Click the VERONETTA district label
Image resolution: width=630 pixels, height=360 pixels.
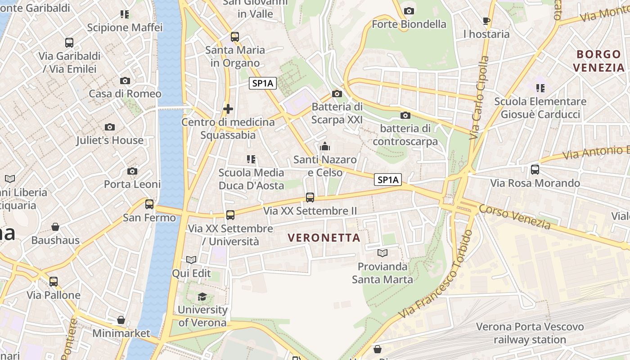point(324,238)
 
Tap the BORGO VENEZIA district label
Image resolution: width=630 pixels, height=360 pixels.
point(601,61)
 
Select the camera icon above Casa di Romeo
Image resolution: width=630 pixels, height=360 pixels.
point(125,81)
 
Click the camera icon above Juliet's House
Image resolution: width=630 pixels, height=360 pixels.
point(110,127)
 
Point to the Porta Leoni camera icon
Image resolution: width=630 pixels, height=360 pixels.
point(132,171)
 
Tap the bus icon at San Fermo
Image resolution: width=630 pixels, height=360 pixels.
point(149,204)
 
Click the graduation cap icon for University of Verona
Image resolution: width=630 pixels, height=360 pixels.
point(202,297)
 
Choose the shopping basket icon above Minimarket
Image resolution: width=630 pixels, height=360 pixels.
point(121,320)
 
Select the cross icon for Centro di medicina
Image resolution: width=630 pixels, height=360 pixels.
point(228,109)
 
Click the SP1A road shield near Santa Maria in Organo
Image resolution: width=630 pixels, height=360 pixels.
point(263,83)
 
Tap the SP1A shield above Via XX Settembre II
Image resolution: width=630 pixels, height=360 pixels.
point(388,180)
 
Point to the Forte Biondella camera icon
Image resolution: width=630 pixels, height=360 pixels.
point(409,11)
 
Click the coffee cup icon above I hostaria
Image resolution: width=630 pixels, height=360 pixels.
point(486,21)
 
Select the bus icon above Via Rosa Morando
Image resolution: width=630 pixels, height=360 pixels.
point(535,170)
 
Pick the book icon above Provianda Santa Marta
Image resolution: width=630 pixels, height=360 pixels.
point(382,253)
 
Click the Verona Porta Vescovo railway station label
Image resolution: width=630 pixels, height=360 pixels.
point(530,333)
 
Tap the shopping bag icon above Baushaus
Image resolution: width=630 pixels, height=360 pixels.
point(55,227)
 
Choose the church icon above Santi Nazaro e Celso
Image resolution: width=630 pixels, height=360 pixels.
point(324,146)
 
